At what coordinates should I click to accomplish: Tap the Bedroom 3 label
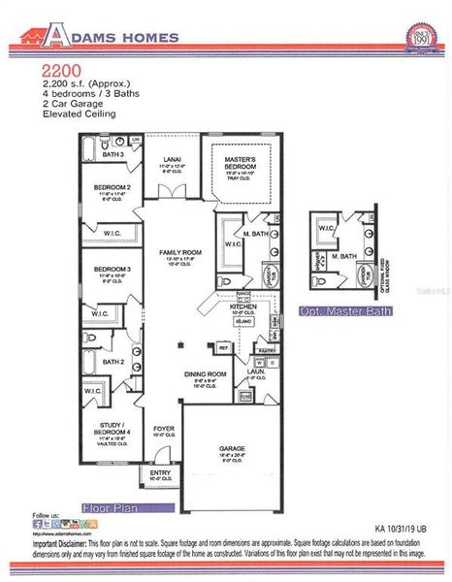point(113,268)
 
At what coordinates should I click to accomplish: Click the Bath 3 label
point(113,154)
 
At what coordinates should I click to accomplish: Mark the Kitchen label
point(242,307)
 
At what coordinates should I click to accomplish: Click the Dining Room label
point(205,374)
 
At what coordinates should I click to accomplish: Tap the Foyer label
point(163,427)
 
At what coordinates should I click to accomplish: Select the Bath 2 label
point(114,362)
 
